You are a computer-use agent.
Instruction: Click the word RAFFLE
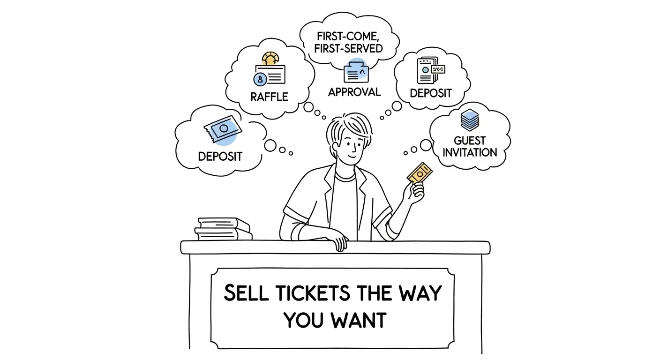click(269, 97)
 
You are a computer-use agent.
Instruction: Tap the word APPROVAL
click(354, 92)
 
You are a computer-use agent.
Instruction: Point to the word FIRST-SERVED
click(349, 48)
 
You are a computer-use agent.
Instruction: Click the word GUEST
click(470, 140)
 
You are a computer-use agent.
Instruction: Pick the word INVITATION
click(470, 152)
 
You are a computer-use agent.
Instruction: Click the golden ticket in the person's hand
click(420, 172)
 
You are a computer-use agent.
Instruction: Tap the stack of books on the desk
click(224, 229)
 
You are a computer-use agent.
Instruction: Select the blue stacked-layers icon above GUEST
click(469, 120)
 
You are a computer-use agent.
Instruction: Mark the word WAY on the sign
click(416, 293)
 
